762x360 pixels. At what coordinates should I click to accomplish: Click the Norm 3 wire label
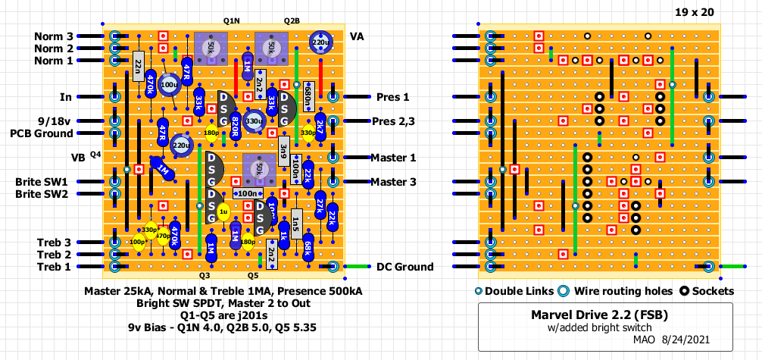54,36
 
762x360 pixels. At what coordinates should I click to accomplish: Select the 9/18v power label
54,121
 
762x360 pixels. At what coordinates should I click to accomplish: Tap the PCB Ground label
42,133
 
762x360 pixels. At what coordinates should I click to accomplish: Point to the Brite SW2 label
42,194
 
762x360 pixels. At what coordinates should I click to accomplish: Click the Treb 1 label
54,267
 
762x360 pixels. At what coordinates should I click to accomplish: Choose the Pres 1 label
392,97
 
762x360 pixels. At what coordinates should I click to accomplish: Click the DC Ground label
404,267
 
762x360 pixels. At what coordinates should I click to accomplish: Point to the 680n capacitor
308,96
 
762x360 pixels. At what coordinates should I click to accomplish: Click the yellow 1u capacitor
223,213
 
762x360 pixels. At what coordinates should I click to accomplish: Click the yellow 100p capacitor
139,243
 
